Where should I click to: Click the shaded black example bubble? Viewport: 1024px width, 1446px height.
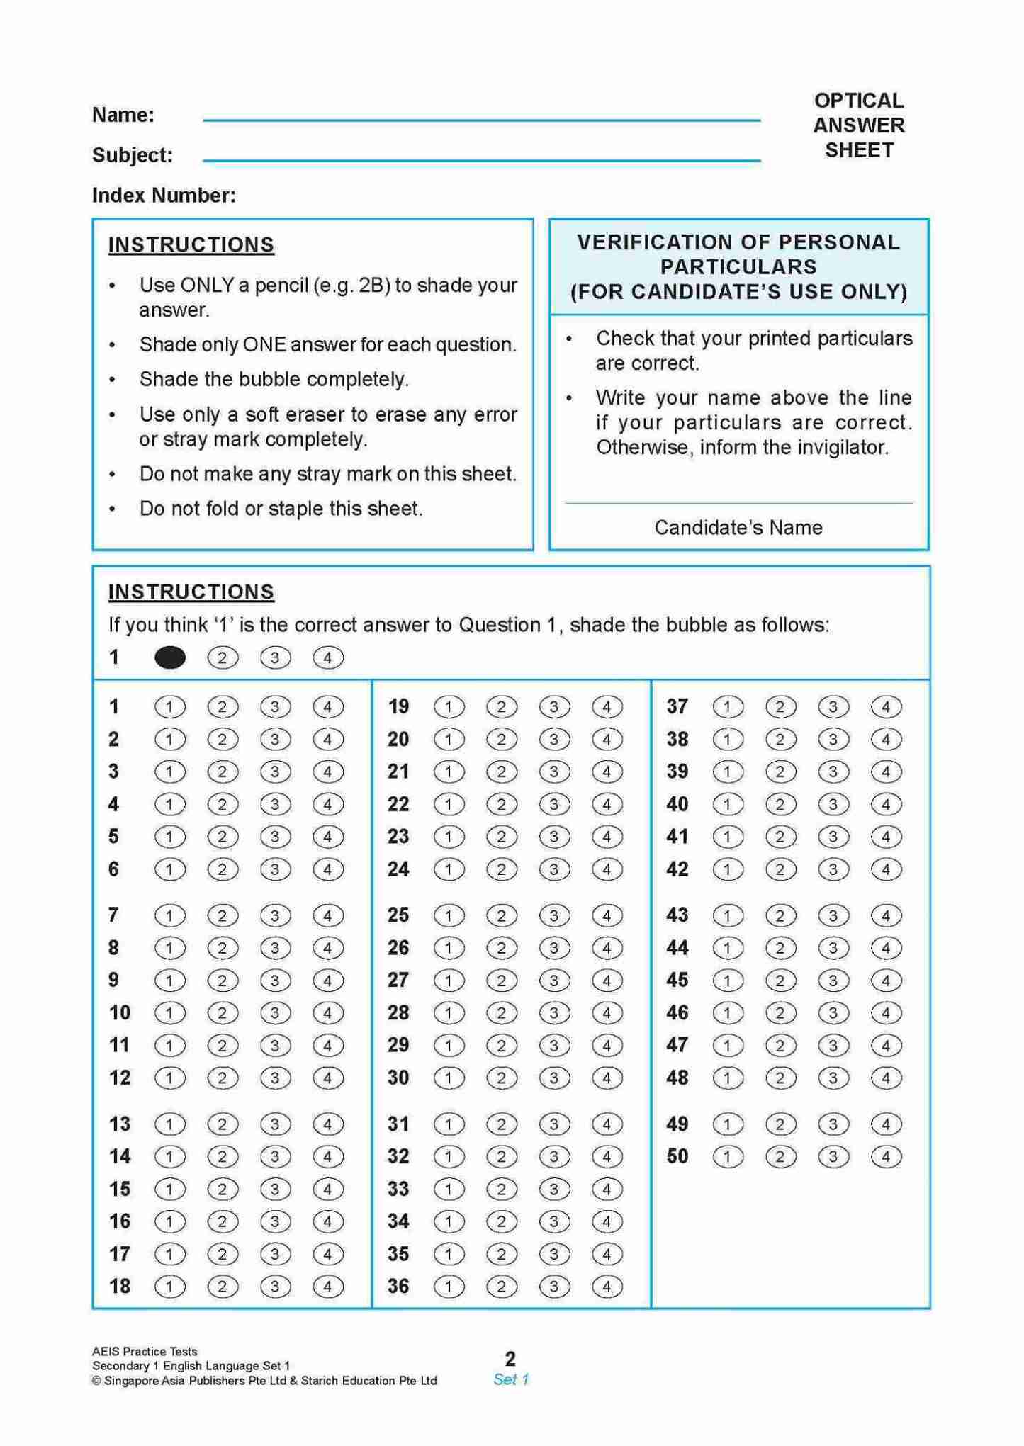coord(170,658)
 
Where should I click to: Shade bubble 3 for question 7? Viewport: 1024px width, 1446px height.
coord(275,916)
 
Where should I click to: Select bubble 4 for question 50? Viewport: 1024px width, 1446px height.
coord(886,1157)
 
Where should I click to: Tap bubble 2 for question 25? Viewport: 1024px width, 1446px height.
coord(501,916)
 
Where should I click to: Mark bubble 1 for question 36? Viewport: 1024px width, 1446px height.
coord(449,1287)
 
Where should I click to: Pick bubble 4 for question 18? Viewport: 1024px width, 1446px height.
coord(327,1287)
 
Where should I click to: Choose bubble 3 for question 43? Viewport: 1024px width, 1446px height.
coord(833,916)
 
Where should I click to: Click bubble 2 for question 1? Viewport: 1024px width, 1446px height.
coord(223,707)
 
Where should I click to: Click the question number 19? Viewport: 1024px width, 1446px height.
coord(398,707)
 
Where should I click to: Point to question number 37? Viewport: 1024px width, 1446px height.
coord(677,707)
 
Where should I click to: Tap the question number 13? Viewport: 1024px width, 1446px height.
coord(120,1124)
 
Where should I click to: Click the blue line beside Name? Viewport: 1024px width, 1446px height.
coord(481,120)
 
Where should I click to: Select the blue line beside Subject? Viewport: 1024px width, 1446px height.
coord(481,161)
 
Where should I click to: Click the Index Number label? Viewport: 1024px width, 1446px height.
coord(164,196)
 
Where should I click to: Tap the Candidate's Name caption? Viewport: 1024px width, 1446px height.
coord(738,528)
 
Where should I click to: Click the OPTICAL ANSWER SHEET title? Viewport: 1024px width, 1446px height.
coord(859,125)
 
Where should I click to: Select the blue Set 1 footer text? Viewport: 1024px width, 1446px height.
coord(511,1379)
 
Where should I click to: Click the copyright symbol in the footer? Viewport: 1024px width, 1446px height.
coord(96,1381)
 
